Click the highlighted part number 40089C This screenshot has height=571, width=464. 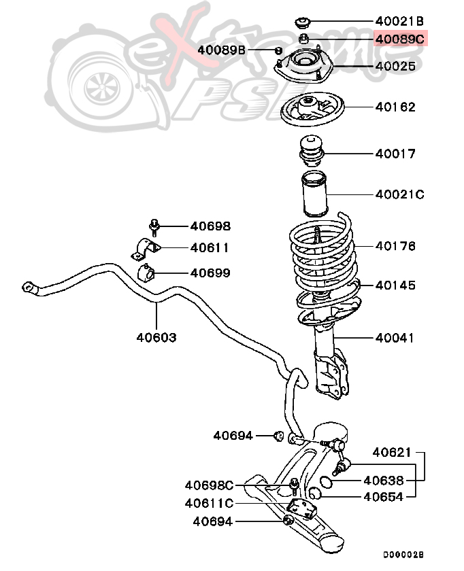(x=399, y=39)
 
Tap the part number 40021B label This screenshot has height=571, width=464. (x=399, y=21)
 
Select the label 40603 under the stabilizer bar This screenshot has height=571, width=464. (x=156, y=337)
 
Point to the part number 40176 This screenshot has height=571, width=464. (x=395, y=246)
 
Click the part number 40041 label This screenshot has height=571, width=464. (x=395, y=338)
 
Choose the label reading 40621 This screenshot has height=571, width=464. (x=392, y=452)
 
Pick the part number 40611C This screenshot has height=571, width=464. (x=209, y=503)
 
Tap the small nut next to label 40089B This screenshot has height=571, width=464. (x=278, y=50)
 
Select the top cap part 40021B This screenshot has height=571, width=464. (x=303, y=21)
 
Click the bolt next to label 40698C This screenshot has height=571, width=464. (x=294, y=485)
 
